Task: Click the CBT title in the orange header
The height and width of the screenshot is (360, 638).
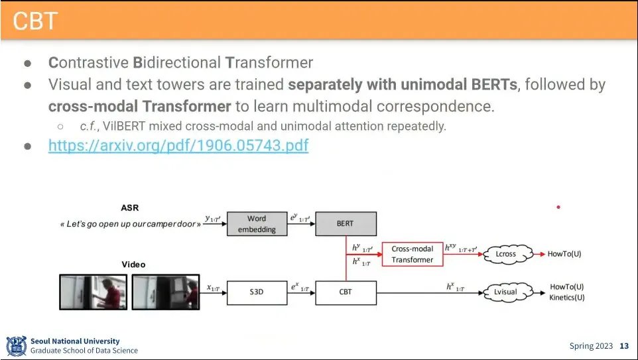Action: point(34,21)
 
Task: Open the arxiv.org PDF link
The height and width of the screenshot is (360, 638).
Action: point(178,145)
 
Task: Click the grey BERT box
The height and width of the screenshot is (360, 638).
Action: point(345,224)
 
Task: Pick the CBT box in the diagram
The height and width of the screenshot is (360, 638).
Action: point(345,292)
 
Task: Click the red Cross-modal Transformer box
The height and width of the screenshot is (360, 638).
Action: point(412,254)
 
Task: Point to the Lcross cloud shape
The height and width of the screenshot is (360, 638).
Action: point(505,254)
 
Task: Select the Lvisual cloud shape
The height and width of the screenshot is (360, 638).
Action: point(505,292)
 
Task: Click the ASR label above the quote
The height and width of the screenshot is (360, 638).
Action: point(130,208)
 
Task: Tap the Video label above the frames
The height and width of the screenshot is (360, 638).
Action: point(133,265)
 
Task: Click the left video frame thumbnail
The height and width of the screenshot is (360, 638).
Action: point(94,292)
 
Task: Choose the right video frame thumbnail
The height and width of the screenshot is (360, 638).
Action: point(165,292)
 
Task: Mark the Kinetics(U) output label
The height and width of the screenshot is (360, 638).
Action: point(567,298)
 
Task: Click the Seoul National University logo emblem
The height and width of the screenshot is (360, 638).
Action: point(16,346)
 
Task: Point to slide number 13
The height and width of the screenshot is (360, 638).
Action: point(623,346)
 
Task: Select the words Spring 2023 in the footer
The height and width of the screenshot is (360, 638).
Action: point(591,346)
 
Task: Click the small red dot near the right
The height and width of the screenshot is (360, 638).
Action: point(558,208)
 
